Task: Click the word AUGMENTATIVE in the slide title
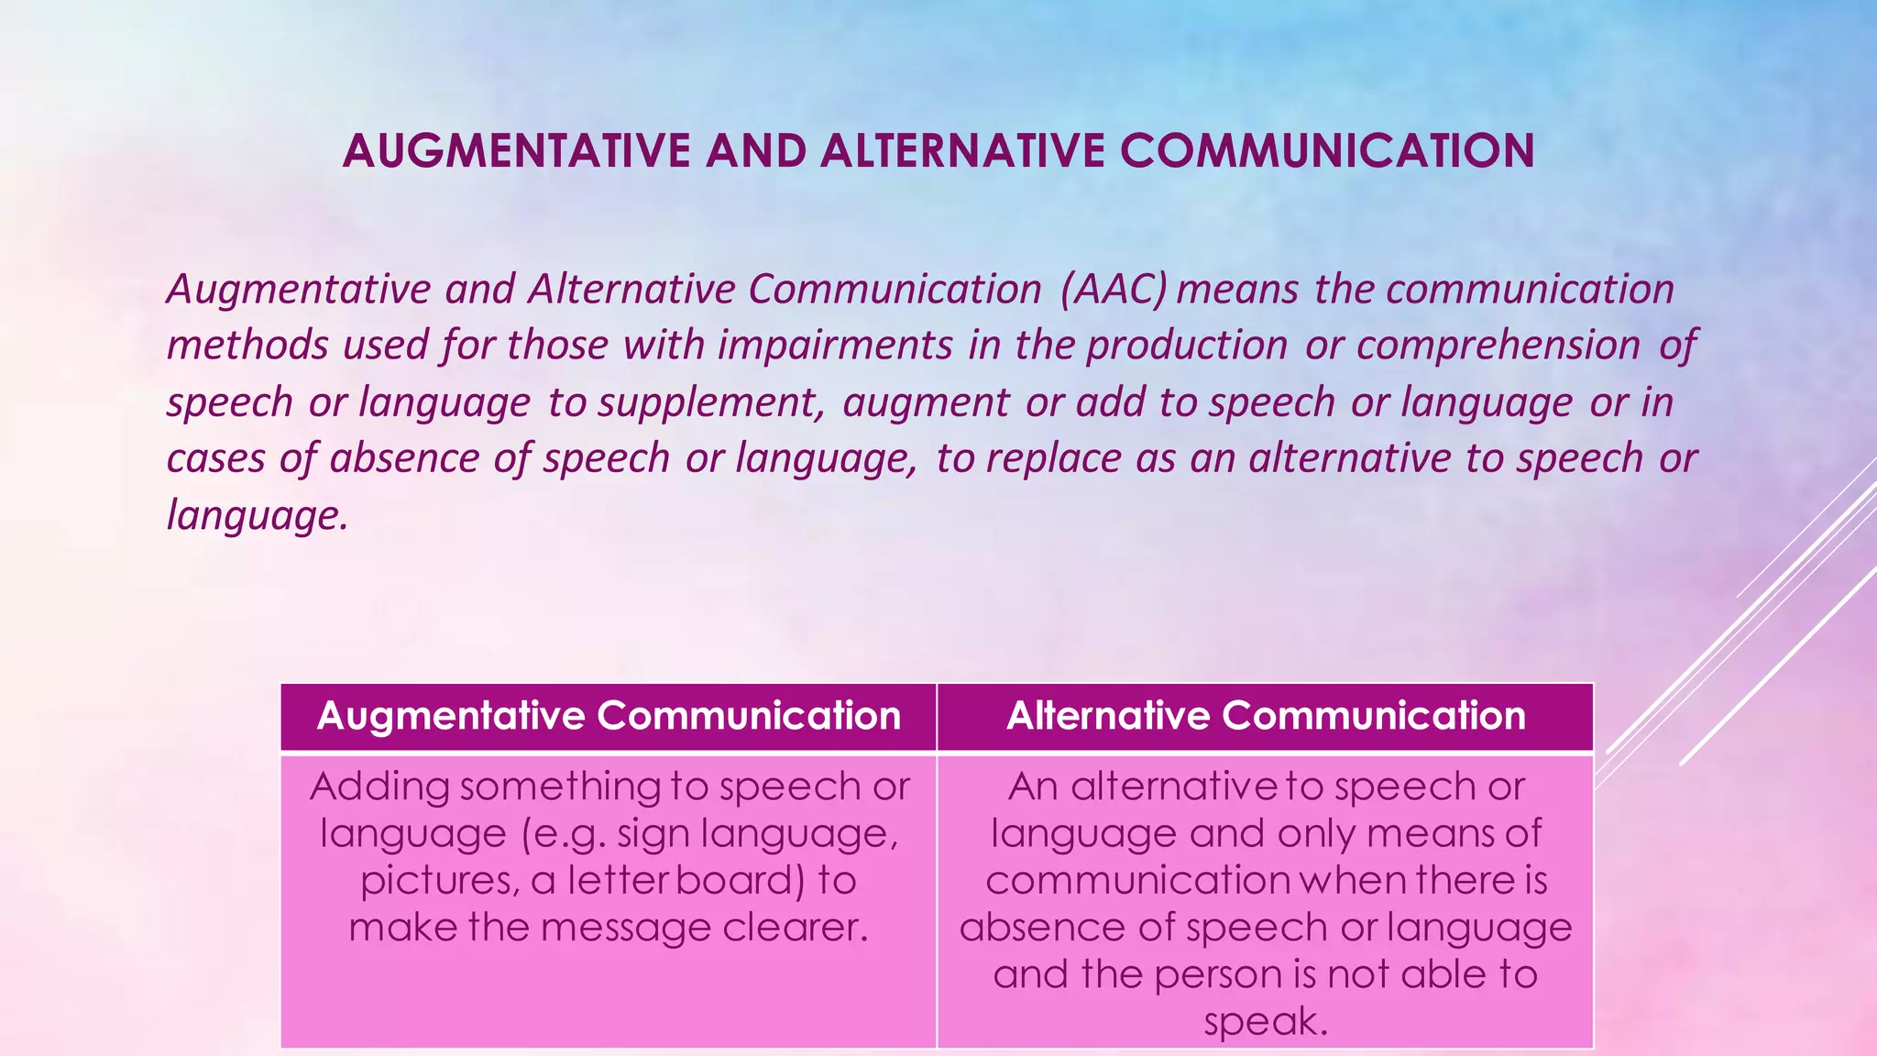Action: point(516,152)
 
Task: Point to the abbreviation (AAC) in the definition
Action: point(1114,290)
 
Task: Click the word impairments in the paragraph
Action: point(835,346)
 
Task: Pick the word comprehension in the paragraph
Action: point(1498,346)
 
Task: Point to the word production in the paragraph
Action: point(1187,346)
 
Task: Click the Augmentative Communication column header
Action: point(609,716)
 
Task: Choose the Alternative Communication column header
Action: point(1266,716)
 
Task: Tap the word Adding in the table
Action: point(379,787)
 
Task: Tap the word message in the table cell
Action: point(624,929)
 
